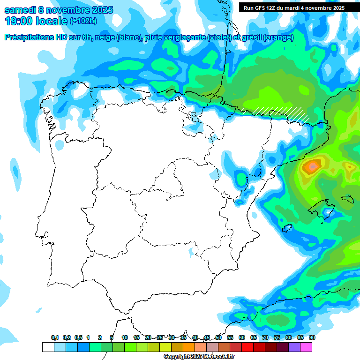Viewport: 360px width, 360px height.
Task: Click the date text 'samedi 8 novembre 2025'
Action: tap(59, 10)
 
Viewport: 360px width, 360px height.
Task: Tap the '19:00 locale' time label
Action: tap(37, 21)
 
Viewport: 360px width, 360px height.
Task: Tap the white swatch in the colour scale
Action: tap(48, 347)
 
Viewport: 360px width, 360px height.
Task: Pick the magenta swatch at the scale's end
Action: tap(306, 347)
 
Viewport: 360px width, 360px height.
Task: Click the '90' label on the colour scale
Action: tap(312, 338)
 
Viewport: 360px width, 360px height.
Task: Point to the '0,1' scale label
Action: tap(55, 338)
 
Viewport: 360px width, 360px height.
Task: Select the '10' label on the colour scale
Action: tap(124, 338)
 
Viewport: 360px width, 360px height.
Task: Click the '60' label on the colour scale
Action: tap(241, 338)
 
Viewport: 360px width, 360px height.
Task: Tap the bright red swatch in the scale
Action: tap(247, 347)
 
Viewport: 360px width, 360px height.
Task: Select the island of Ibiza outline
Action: tap(288, 229)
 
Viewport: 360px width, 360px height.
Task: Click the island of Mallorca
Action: tap(323, 208)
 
